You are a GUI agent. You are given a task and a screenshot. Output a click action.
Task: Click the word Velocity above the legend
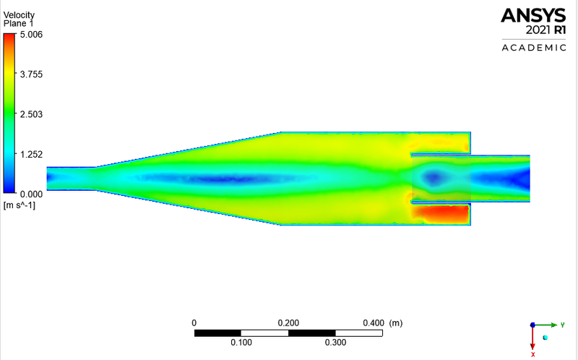click(19, 14)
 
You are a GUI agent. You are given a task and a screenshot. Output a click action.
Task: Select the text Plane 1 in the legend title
click(20, 23)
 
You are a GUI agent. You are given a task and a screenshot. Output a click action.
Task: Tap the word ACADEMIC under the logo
click(533, 48)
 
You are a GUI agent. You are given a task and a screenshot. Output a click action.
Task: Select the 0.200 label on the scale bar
click(288, 322)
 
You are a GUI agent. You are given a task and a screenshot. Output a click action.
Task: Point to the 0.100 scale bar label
click(241, 343)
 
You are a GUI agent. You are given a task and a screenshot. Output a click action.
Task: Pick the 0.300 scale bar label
click(335, 343)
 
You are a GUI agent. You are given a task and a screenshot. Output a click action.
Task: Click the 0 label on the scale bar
click(194, 322)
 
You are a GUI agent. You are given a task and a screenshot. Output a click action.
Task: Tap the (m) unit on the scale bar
click(395, 322)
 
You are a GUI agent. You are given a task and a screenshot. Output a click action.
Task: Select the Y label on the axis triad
click(561, 325)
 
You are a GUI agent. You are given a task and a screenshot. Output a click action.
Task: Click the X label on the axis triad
click(533, 354)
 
